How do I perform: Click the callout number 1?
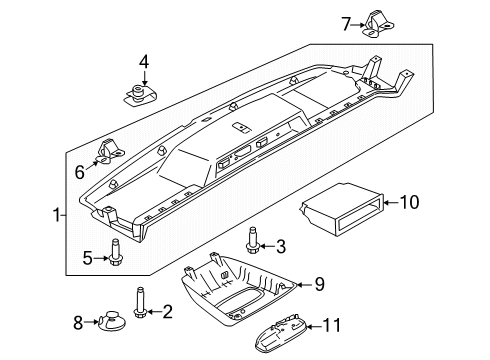coord(55,212)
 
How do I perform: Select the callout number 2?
coord(168,312)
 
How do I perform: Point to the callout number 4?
coord(144,63)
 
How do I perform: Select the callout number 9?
coord(318,284)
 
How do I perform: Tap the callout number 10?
coord(407,204)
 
